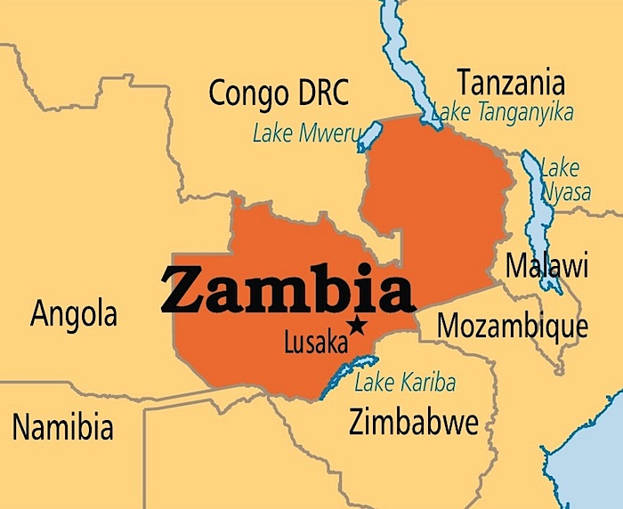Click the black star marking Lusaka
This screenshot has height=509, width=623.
click(x=358, y=326)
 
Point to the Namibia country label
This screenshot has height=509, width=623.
click(x=62, y=427)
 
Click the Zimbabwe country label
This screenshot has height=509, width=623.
click(x=414, y=421)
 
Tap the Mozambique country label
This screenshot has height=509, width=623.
click(x=513, y=326)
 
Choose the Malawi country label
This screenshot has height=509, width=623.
click(x=546, y=265)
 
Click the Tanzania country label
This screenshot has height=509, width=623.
click(x=510, y=83)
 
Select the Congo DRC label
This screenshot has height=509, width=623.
click(x=279, y=91)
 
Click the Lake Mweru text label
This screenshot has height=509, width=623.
click(x=306, y=134)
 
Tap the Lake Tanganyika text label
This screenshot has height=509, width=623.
click(x=503, y=112)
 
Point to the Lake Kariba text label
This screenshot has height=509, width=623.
click(x=405, y=384)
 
